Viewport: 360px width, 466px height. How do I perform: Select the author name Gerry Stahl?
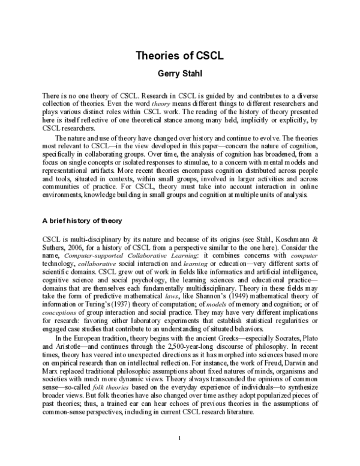(x=180, y=74)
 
